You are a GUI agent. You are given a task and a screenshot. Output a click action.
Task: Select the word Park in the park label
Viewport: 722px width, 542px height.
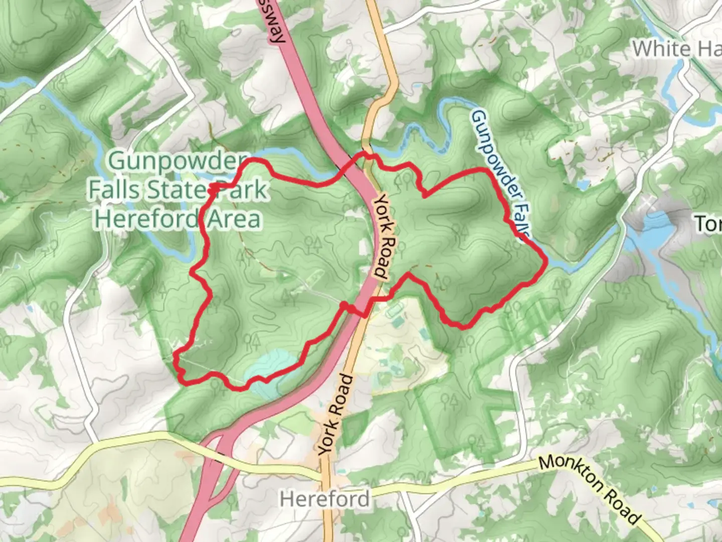pyautogui.click(x=240, y=190)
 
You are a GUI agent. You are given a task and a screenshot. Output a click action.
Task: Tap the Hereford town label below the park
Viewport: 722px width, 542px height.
pyautogui.click(x=325, y=499)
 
